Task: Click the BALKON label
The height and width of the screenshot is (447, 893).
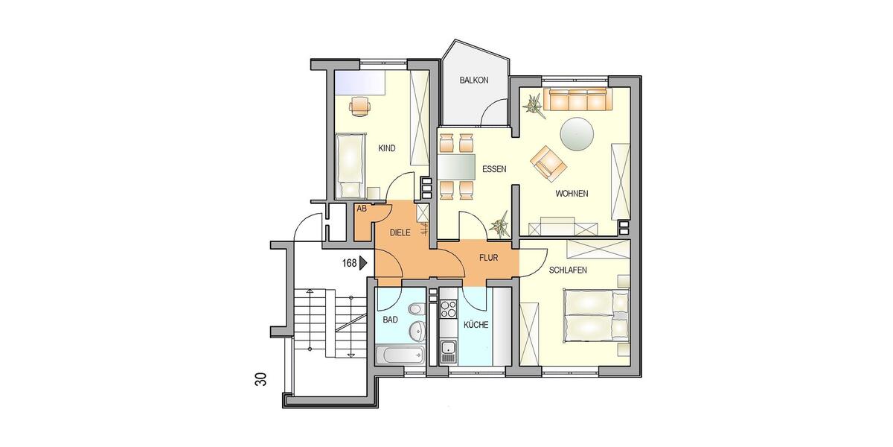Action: pos(473,80)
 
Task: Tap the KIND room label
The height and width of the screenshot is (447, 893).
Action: pos(387,148)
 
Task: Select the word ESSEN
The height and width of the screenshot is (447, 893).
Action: pos(494,169)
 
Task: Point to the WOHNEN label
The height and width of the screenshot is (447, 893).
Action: pos(572,194)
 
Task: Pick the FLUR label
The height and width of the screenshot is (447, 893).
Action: pos(488,259)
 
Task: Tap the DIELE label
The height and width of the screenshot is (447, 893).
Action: pos(402,232)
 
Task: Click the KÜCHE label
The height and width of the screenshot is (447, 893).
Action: pos(476,325)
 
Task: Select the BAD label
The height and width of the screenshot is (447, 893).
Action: pos(391,320)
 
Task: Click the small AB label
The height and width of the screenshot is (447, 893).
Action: pos(362,209)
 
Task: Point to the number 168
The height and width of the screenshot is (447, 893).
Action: pos(348,262)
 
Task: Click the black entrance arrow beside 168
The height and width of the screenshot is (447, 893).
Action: pos(364,262)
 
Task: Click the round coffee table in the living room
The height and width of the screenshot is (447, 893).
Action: pos(577,134)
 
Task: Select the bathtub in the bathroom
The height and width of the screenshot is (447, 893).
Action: pos(400,355)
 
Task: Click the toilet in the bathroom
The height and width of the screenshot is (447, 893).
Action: pos(415,309)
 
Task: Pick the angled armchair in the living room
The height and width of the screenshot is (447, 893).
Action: pos(547,162)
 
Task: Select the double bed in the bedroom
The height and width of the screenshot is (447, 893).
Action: pos(595,316)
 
